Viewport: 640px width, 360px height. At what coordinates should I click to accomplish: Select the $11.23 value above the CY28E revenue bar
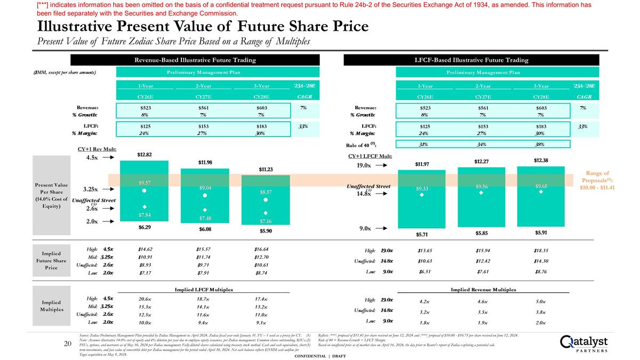[266, 169]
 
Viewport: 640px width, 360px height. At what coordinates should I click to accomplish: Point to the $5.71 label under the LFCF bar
[422, 234]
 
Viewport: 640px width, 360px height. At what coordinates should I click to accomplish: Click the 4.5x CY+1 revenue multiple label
[92, 158]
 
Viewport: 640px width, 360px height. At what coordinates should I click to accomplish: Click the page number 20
[68, 345]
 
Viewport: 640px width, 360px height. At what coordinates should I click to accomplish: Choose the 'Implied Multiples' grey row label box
[51, 305]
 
